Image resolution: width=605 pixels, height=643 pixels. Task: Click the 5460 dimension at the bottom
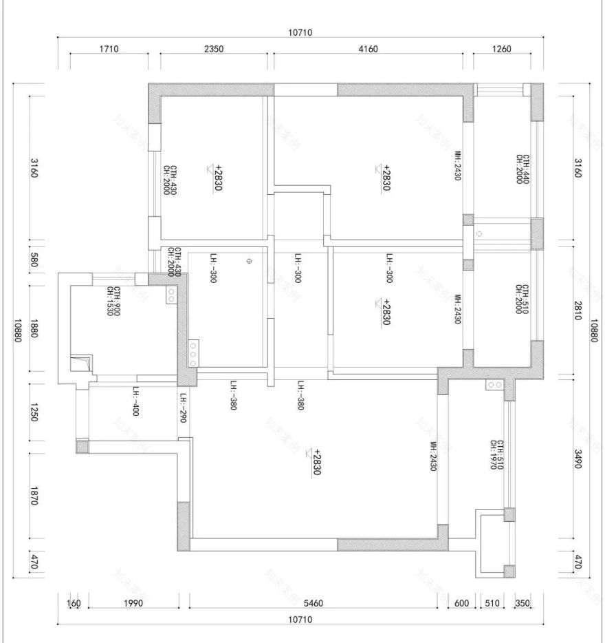click(x=313, y=603)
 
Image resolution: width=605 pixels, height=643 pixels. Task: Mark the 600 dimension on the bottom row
click(x=462, y=603)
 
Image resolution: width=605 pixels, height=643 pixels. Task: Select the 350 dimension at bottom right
click(x=523, y=603)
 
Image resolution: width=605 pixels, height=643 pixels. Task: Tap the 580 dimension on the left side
click(x=34, y=263)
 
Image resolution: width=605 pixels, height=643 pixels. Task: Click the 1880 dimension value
click(x=34, y=328)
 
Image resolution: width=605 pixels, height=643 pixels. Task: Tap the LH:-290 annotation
click(x=183, y=408)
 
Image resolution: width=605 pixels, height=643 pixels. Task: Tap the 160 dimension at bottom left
click(x=74, y=603)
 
